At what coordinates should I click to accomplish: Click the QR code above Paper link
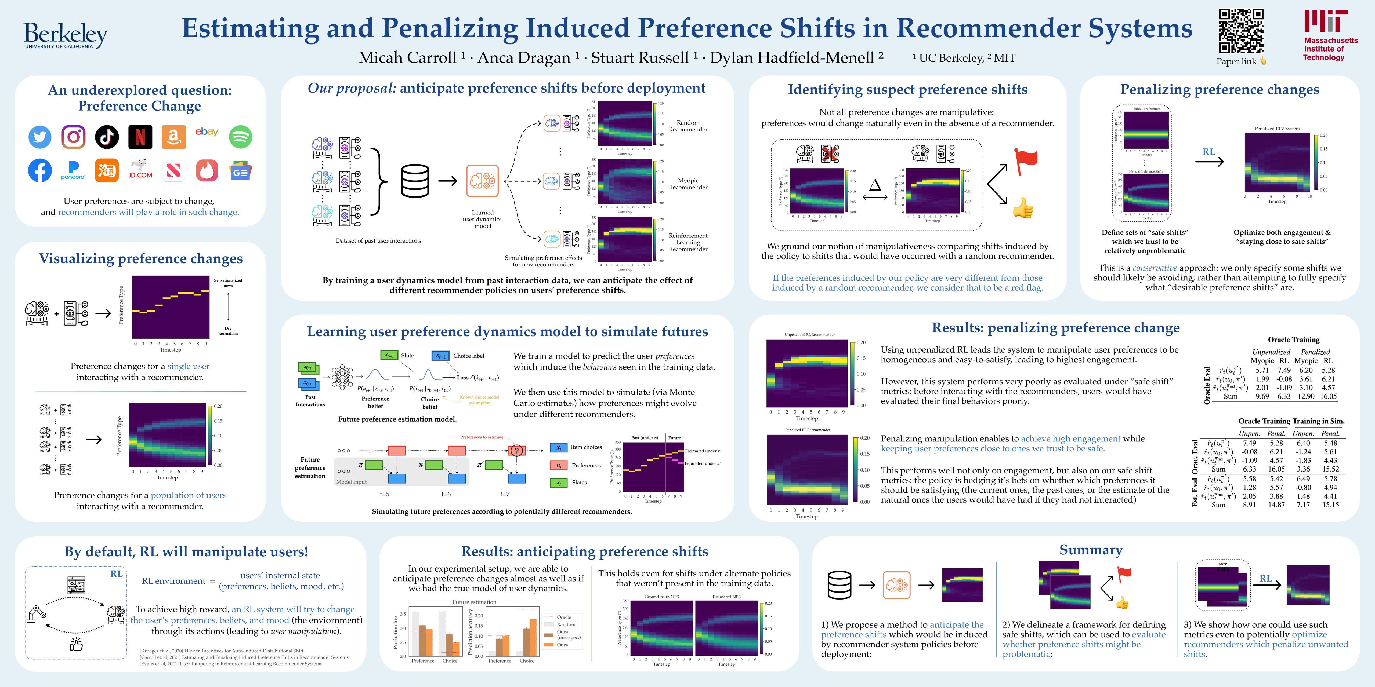point(1241,31)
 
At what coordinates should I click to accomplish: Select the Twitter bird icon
point(40,137)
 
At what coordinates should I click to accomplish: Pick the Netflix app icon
point(140,137)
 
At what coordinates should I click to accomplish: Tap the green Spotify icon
point(240,137)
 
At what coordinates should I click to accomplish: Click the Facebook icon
point(40,171)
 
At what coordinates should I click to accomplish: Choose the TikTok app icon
point(107,137)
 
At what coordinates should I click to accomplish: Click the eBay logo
point(207,132)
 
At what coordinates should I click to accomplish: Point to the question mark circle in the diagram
point(516,451)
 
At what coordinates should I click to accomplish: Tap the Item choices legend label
point(586,447)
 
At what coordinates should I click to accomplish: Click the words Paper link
point(1236,61)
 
